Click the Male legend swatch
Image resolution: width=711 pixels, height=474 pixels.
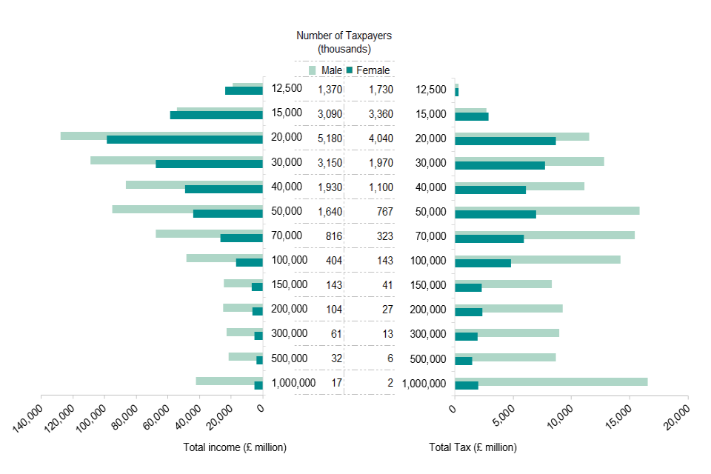[x=313, y=70]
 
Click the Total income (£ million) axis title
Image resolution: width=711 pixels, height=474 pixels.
[x=235, y=447]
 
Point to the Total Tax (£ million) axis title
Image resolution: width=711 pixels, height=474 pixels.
[x=473, y=447]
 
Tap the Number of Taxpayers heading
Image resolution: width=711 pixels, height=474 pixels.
[x=344, y=41]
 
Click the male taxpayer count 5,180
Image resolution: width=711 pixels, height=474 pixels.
[x=330, y=138]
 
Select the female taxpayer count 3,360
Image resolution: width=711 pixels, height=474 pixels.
[x=381, y=114]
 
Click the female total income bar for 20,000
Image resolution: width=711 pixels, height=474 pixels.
[x=184, y=140]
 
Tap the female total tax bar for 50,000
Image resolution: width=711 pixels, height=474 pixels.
[x=495, y=214]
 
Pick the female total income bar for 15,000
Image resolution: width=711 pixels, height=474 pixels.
[x=216, y=116]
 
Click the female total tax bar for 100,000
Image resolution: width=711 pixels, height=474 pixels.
[x=482, y=263]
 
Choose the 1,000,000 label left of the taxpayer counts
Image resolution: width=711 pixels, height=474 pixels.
[x=293, y=383]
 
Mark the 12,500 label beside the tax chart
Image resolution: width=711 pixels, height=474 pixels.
[x=430, y=90]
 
